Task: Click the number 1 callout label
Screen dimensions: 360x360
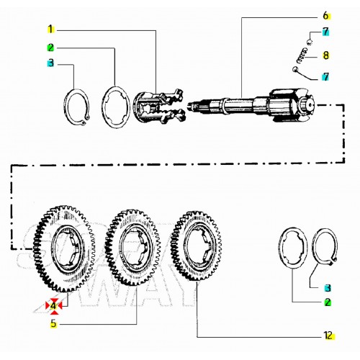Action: [50, 30]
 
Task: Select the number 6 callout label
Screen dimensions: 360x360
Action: [326, 16]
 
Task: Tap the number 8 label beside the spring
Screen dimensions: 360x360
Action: [325, 55]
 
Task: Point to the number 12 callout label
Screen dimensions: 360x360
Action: [328, 336]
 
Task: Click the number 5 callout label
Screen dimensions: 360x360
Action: [53, 323]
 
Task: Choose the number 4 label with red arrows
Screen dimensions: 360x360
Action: [53, 306]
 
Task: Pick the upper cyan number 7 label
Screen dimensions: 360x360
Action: [325, 32]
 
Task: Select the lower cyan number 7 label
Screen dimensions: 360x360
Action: [325, 77]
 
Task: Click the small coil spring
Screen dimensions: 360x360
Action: [302, 55]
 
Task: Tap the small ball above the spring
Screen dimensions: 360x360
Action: [310, 42]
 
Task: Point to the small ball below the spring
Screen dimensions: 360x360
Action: [295, 70]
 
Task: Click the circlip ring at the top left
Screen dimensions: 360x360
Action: [66, 106]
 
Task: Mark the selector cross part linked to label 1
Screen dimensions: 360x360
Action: [159, 106]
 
